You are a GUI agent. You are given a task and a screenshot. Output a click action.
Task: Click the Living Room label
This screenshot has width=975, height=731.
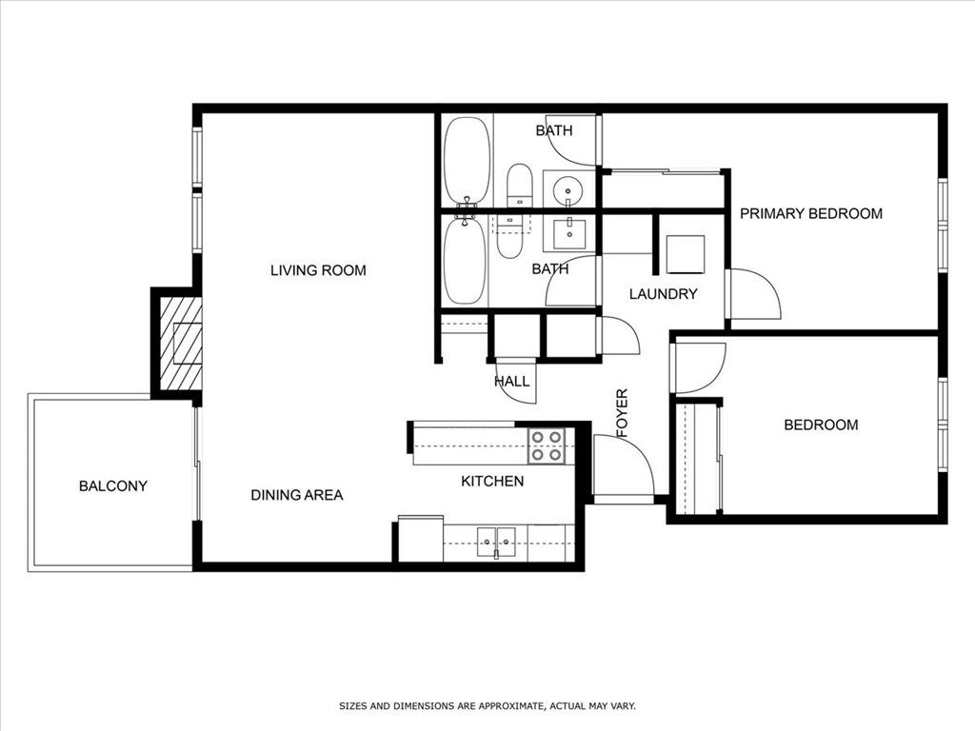(x=318, y=270)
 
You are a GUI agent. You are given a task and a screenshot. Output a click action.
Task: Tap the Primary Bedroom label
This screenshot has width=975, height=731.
(x=811, y=213)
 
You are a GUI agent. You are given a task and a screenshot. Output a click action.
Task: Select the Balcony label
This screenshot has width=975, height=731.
(x=113, y=486)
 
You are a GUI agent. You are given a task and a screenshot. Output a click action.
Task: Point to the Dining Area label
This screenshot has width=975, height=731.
(x=297, y=495)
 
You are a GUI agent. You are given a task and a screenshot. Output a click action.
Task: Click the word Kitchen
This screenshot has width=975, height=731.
(x=492, y=482)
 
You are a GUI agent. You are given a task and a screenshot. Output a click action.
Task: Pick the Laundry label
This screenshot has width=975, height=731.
(x=663, y=294)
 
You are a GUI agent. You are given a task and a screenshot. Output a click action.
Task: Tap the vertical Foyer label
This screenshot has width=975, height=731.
(x=623, y=413)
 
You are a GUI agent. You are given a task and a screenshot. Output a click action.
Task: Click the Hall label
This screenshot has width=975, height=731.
(x=511, y=382)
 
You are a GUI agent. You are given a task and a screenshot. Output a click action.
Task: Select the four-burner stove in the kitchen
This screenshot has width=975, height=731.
(x=547, y=445)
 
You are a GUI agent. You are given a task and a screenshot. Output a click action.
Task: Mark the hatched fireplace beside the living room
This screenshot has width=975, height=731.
(x=181, y=344)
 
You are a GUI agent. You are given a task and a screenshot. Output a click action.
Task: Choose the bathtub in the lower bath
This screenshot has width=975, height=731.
(x=465, y=261)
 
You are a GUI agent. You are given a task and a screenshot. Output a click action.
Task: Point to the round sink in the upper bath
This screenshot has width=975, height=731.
(x=568, y=188)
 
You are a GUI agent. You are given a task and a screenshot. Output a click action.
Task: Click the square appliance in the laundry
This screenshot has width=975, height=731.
(x=685, y=254)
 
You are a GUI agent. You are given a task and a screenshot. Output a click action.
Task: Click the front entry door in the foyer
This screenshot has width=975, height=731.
(x=622, y=466)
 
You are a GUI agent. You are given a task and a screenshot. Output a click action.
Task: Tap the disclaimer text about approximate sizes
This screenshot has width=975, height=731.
(x=487, y=706)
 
